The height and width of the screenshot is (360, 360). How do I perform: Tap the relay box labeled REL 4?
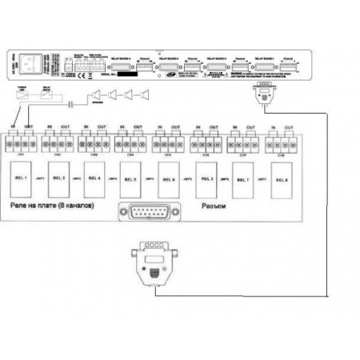coord(94,178)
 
